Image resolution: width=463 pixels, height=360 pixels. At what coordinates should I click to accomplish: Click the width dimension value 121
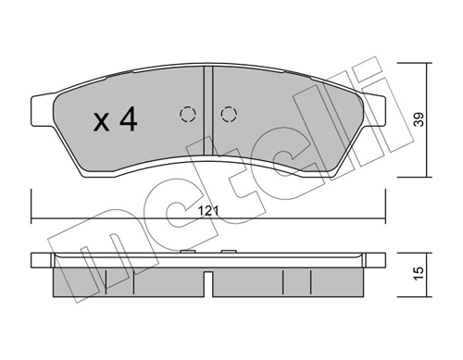coord(210,212)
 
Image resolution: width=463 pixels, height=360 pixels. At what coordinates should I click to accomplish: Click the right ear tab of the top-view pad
coord(374,105)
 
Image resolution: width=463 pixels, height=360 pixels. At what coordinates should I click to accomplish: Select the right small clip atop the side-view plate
coord(228,251)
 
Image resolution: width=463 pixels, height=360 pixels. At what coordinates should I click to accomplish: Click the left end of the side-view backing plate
coord(37,262)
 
